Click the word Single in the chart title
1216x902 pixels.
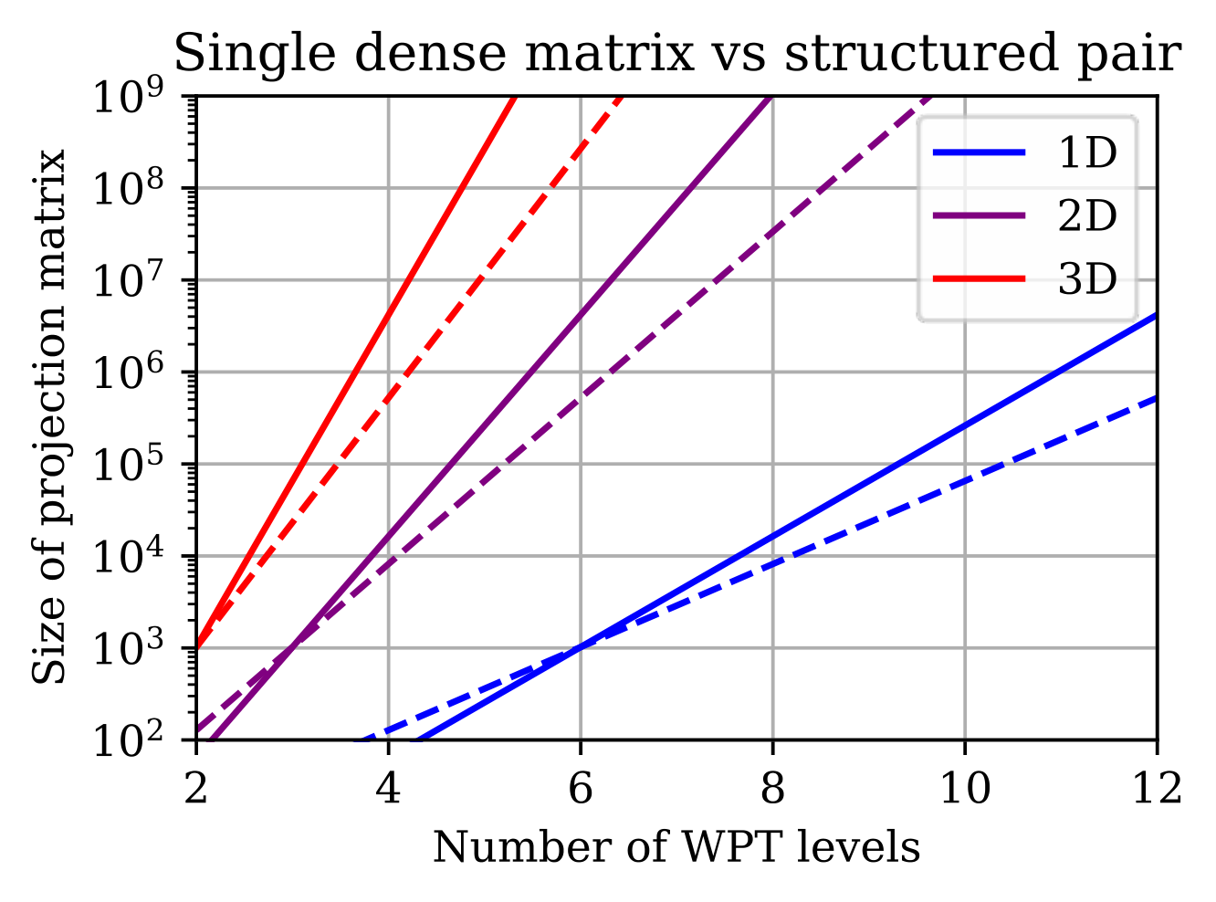(255, 55)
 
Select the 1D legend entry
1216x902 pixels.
(1024, 152)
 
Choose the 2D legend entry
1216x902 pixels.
(1024, 215)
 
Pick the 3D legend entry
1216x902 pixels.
(1024, 279)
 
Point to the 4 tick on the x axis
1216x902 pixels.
(388, 790)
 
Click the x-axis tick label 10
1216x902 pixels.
(965, 790)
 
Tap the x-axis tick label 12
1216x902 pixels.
(1157, 790)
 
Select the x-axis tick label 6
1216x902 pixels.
(581, 790)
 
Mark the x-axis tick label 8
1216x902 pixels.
(772, 790)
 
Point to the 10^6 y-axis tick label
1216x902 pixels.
(129, 372)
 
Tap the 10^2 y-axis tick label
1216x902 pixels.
(129, 739)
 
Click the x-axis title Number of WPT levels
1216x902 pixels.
(676, 848)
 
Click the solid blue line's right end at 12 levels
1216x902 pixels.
(1157, 315)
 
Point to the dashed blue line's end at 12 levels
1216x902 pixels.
(1157, 398)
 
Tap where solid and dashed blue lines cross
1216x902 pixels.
(581, 647)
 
